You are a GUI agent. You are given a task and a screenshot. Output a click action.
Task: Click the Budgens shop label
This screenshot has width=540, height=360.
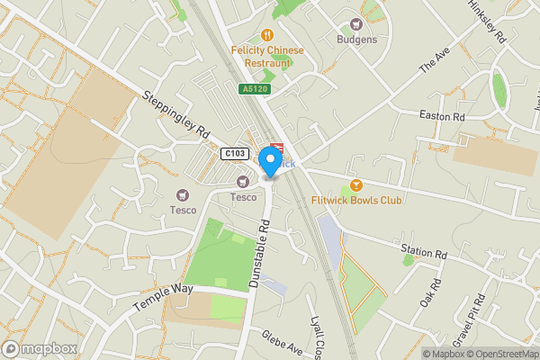(x=356, y=40)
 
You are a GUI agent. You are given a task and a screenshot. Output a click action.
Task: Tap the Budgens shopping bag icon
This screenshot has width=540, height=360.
(x=356, y=24)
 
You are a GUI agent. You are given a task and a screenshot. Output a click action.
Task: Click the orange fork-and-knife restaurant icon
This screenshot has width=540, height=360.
(x=267, y=35)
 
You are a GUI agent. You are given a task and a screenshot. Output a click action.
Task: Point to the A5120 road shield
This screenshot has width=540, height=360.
(x=253, y=89)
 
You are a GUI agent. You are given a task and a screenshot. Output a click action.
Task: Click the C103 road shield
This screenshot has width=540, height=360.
(x=234, y=154)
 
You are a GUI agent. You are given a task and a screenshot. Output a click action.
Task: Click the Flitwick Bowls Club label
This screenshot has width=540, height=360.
(x=356, y=200)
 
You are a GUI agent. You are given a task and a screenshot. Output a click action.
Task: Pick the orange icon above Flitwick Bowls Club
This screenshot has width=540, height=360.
(x=356, y=184)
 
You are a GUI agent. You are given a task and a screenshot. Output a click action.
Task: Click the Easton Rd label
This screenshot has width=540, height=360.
(x=442, y=116)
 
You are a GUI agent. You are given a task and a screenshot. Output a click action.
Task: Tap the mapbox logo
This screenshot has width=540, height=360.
(x=38, y=348)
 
